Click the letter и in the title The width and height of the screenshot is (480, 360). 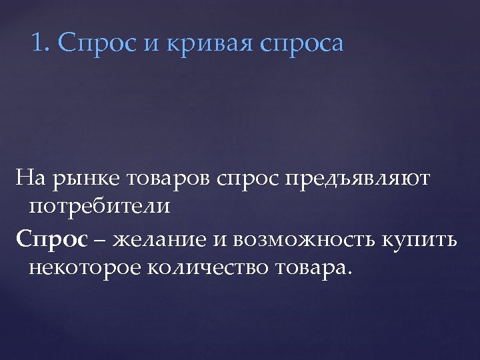point(151,45)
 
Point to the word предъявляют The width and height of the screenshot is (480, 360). point(357,179)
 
